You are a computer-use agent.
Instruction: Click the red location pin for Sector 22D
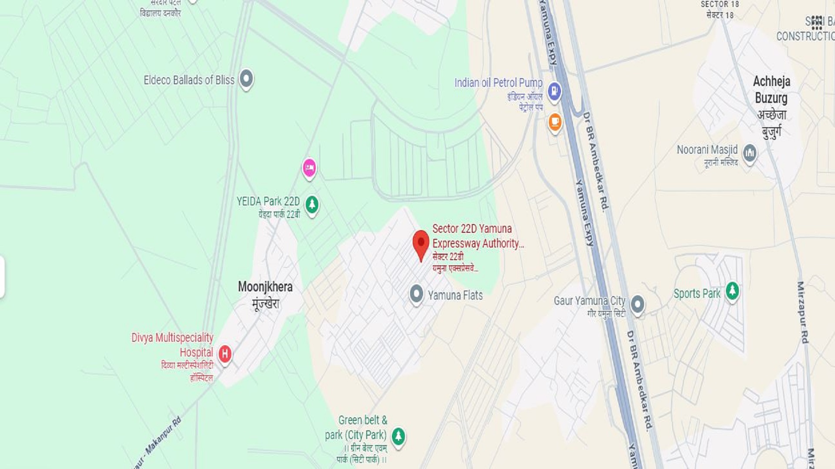[421, 243]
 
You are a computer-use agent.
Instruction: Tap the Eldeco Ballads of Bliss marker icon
[246, 79]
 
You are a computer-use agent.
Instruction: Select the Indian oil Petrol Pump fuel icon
[554, 91]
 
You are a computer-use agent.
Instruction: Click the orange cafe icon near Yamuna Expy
[554, 122]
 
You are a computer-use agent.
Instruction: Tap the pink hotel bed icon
[309, 167]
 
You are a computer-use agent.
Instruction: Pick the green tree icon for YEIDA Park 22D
[312, 204]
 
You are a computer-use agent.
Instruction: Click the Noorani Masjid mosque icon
[749, 153]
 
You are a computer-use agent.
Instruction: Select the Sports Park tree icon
[732, 291]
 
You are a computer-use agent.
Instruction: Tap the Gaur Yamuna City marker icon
[637, 304]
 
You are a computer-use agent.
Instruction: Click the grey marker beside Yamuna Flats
[416, 294]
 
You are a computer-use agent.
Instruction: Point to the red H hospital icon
[224, 353]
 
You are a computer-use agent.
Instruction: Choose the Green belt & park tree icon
[398, 436]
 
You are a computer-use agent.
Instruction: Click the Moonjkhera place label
[265, 287]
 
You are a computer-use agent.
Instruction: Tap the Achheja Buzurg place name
[771, 89]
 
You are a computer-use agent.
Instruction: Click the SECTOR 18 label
[719, 4]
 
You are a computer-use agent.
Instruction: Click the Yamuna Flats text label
[455, 295]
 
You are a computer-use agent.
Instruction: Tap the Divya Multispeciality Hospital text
[173, 345]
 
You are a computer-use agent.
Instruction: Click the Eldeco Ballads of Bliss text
[189, 80]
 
